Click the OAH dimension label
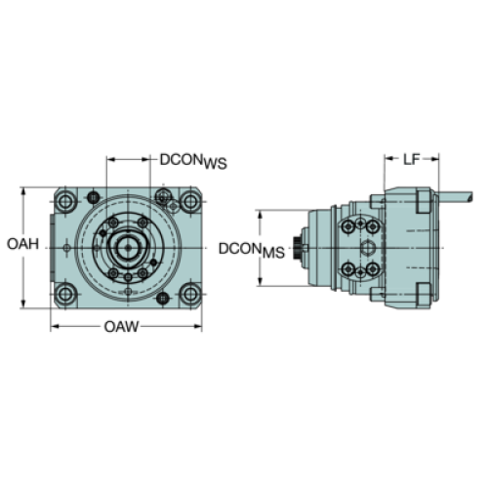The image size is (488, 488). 22,244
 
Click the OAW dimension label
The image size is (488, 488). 121,327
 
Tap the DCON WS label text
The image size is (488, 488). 193,161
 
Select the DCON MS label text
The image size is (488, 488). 252,250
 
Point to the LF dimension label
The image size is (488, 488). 412,159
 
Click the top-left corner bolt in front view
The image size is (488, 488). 65,202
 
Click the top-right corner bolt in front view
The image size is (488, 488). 190,202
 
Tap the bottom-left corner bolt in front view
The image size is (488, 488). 65,294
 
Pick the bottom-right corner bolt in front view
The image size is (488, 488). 190,294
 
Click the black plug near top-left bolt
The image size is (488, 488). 94,197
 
